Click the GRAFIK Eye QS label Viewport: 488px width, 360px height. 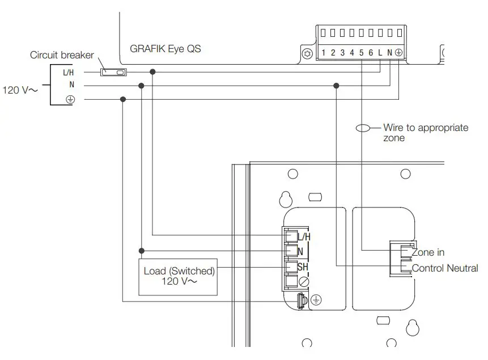point(166,49)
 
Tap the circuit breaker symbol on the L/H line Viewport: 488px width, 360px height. point(113,72)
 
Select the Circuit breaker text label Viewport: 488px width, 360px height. point(62,56)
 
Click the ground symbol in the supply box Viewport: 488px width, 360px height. point(71,100)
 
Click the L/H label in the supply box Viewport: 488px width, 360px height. point(69,72)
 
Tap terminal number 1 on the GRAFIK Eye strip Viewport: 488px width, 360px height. point(323,53)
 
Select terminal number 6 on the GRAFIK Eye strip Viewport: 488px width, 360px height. point(371,53)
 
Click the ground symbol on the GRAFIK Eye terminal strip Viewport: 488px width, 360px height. point(398,53)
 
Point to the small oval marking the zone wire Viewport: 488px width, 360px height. point(363,128)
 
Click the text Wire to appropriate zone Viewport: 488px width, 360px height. point(425,133)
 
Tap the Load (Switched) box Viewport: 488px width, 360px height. point(179,276)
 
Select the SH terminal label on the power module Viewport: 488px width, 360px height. point(304,266)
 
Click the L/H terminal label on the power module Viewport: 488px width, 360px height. point(304,236)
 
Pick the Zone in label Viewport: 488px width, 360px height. point(428,252)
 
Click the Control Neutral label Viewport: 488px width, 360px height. point(444,268)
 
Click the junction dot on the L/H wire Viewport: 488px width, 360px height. point(152,72)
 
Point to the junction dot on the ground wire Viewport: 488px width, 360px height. point(122,100)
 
